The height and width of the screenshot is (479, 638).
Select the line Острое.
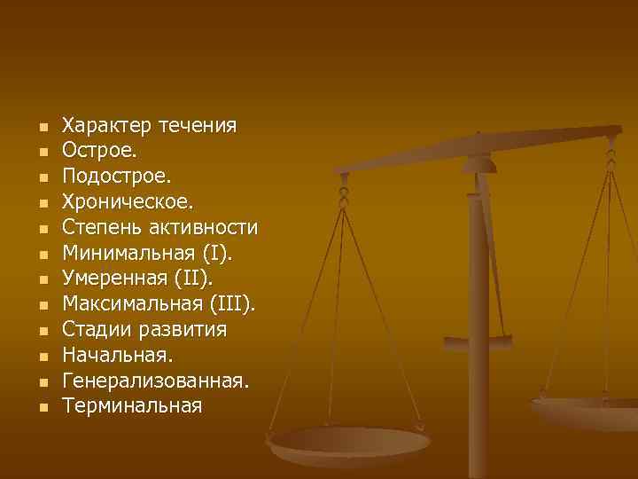[x=99, y=150]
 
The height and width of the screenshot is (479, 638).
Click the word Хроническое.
[x=126, y=201]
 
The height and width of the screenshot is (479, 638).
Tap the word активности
[x=203, y=227]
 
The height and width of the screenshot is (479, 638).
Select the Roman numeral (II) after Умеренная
[x=195, y=279]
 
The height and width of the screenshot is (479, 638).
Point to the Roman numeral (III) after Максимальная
[x=231, y=304]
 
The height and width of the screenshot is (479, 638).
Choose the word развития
[x=184, y=330]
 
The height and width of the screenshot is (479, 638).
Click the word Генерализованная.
[x=156, y=381]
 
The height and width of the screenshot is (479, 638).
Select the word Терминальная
[x=132, y=406]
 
